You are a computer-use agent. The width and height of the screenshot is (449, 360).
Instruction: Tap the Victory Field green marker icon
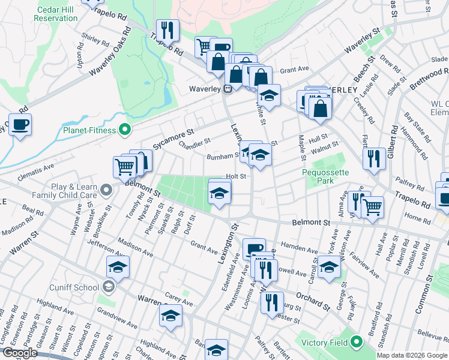pyautogui.click(x=356, y=342)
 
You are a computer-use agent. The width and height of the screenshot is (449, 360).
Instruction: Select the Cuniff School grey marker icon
pyautogui.click(x=108, y=287)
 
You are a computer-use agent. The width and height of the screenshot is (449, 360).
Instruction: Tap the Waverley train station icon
pyautogui.click(x=228, y=89)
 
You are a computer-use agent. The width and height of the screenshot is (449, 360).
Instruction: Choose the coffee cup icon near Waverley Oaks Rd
pyautogui.click(x=20, y=125)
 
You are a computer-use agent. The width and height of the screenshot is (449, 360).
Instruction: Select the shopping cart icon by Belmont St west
pyautogui.click(x=125, y=166)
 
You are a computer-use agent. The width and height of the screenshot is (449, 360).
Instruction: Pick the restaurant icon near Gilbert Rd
pyautogui.click(x=374, y=159)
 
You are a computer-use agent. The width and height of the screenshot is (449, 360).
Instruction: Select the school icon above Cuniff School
pyautogui.click(x=118, y=267)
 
